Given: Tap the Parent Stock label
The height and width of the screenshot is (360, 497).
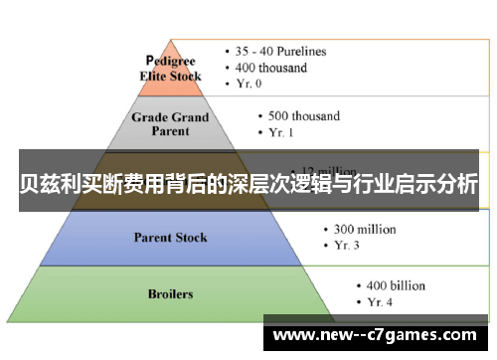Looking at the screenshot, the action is tap(171, 237).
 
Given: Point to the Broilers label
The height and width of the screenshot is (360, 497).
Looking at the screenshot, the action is tap(171, 294).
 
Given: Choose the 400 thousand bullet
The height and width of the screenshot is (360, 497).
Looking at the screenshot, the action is tap(272, 68).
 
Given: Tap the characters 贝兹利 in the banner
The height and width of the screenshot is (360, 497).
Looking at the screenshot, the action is tap(51, 184).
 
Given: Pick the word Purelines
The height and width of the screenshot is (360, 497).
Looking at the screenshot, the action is tap(302, 51).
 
